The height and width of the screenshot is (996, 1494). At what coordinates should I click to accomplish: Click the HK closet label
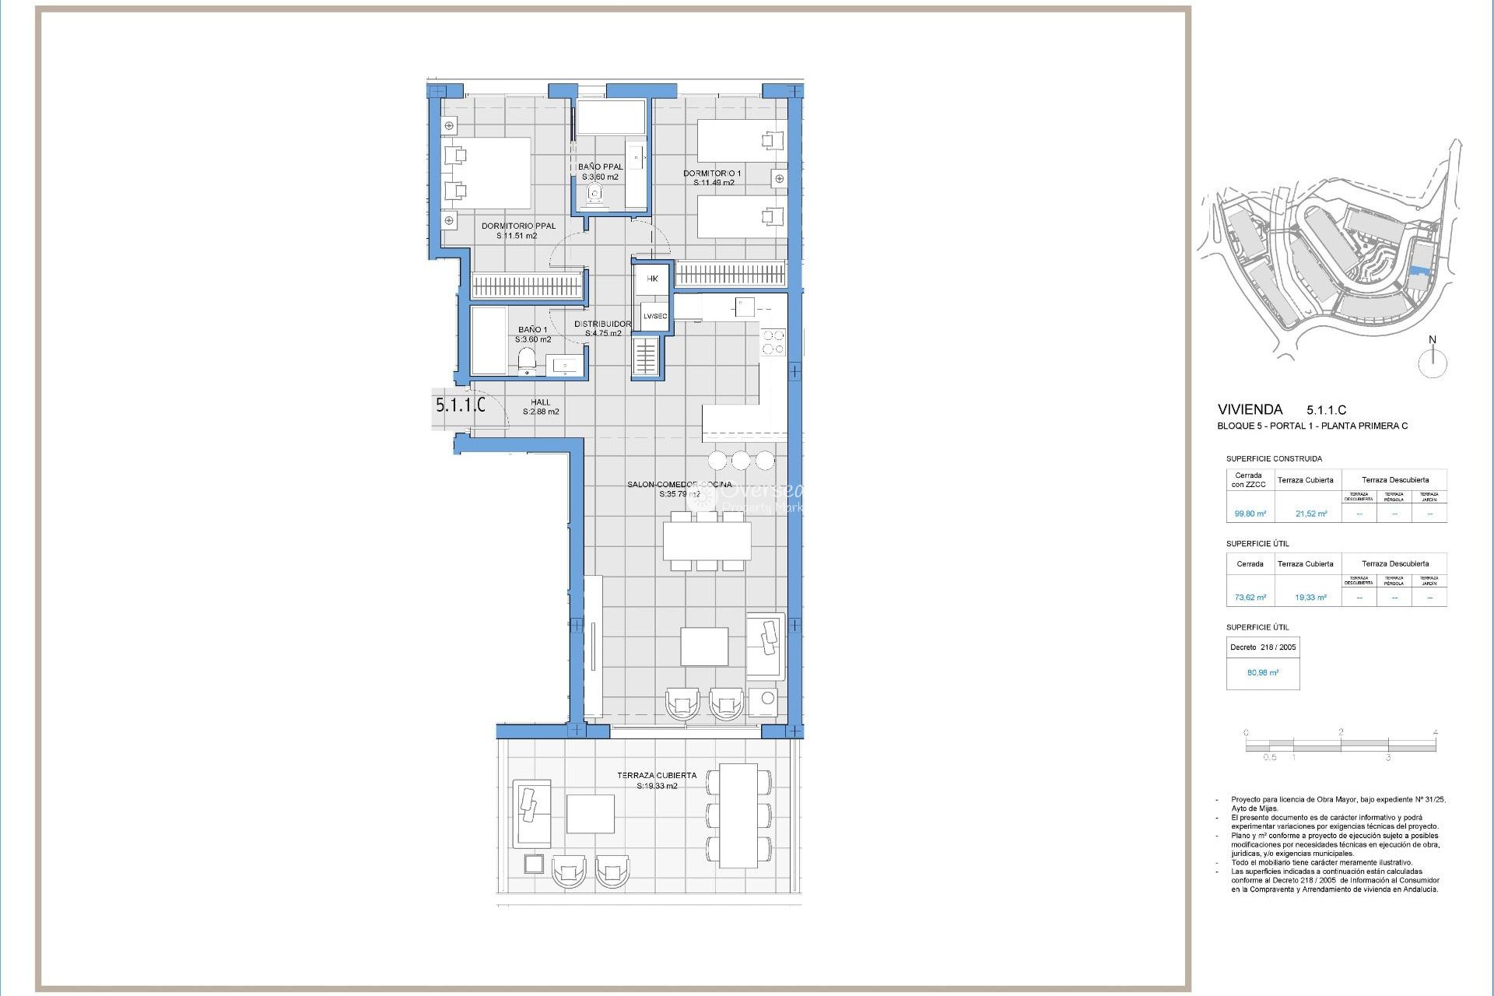point(652,279)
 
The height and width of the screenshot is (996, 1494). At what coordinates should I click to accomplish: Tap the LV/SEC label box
point(654,316)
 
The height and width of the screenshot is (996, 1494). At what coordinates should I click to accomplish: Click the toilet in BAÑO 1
point(527,359)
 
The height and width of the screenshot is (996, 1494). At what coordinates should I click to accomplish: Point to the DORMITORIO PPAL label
point(518,226)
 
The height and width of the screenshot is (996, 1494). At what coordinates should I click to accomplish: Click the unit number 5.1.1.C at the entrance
point(460,405)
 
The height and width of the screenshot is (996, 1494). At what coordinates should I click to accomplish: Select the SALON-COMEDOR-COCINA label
point(679,485)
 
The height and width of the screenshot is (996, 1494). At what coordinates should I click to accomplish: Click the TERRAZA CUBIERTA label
point(656,776)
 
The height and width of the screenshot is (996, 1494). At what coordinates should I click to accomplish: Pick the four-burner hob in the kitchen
point(773,342)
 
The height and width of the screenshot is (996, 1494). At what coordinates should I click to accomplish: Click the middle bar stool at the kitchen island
point(742,459)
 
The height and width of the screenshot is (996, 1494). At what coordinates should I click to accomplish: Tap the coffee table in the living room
point(704,646)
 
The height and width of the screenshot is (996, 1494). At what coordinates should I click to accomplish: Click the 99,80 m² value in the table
point(1250,514)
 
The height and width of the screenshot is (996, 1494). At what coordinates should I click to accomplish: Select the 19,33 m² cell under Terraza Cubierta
point(1310,598)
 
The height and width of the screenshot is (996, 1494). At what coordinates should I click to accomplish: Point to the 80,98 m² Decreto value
point(1262,672)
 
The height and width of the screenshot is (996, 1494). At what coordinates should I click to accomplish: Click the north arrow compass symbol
point(1432,362)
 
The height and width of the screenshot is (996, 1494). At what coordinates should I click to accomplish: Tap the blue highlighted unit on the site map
point(1418,271)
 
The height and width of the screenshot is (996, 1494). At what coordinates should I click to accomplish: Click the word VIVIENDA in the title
point(1250,409)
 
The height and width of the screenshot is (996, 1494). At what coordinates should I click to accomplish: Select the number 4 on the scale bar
point(1435,732)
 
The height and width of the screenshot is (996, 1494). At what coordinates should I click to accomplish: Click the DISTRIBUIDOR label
point(602,324)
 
